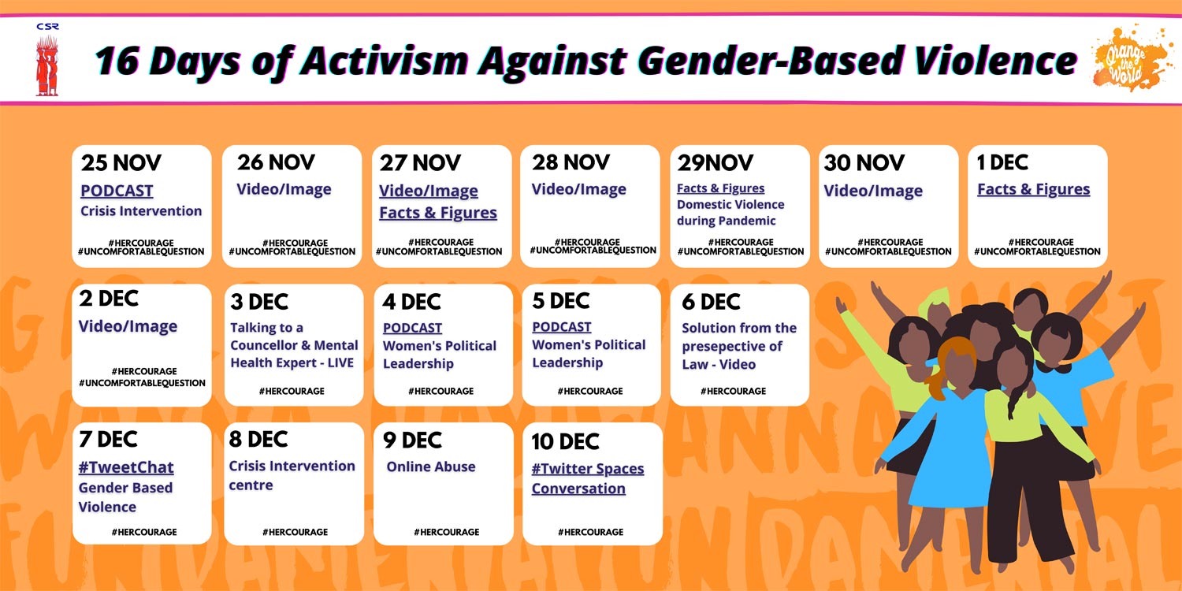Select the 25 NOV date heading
(121, 163)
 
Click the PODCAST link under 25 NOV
(117, 191)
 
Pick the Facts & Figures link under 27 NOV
(438, 213)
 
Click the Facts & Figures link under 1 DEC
(1033, 189)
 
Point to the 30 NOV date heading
(864, 163)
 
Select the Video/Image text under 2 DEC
(128, 326)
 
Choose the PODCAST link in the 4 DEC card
(412, 328)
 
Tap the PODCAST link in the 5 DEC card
(561, 327)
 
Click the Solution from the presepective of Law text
(738, 346)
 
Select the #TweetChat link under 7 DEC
(125, 467)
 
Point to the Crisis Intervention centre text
(292, 475)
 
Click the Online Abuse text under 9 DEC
(431, 466)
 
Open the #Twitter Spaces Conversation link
(587, 478)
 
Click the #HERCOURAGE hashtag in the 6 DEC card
(733, 391)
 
